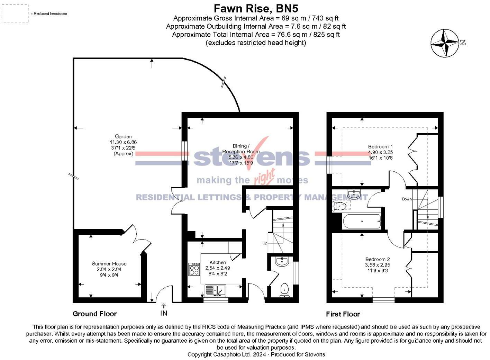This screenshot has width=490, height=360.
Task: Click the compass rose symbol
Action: click(x=445, y=43)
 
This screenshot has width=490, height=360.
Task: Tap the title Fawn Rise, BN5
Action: click(x=256, y=9)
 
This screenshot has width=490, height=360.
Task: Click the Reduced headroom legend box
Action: click(x=15, y=13)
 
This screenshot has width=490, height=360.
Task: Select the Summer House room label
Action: click(x=109, y=263)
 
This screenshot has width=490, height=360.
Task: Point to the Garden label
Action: click(x=123, y=136)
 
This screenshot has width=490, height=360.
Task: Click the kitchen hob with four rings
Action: click(x=194, y=269)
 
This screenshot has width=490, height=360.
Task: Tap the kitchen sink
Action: click(x=215, y=291)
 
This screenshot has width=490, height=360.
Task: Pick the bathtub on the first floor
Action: click(x=362, y=221)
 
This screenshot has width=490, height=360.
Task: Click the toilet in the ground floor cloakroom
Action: click(x=284, y=290)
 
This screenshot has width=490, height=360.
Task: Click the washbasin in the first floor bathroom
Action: click(x=354, y=194)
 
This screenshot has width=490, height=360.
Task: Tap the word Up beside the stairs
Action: click(x=265, y=243)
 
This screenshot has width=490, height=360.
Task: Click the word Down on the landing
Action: click(x=407, y=199)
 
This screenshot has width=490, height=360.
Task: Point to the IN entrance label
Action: click(x=164, y=313)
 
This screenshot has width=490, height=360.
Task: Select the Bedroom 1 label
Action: click(x=380, y=146)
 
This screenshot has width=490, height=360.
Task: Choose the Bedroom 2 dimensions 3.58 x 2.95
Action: click(x=378, y=265)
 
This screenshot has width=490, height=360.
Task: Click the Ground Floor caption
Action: click(x=95, y=314)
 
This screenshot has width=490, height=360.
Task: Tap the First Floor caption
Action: click(x=343, y=314)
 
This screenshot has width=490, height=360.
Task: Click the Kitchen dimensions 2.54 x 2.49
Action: click(x=218, y=268)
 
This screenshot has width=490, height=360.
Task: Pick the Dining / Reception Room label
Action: click(x=241, y=148)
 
